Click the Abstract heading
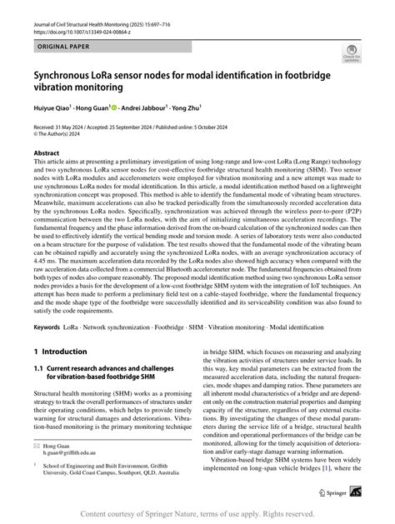pos(46,154)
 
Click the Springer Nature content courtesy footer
pos(197,514)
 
